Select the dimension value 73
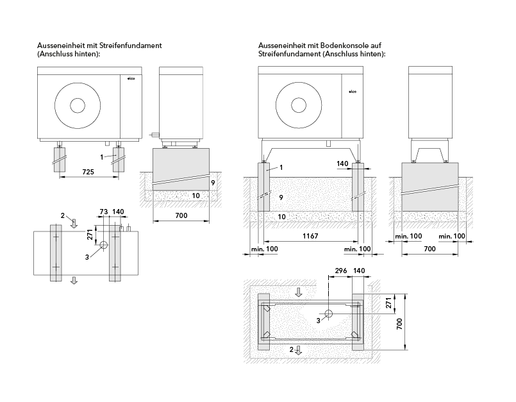(x=103, y=211)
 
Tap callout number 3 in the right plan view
(x=319, y=319)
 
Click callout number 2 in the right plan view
(x=292, y=349)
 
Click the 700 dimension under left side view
(x=181, y=216)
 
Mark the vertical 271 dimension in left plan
(x=90, y=235)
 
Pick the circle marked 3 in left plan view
(x=104, y=246)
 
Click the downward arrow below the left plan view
(x=74, y=280)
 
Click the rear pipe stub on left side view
(x=154, y=135)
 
